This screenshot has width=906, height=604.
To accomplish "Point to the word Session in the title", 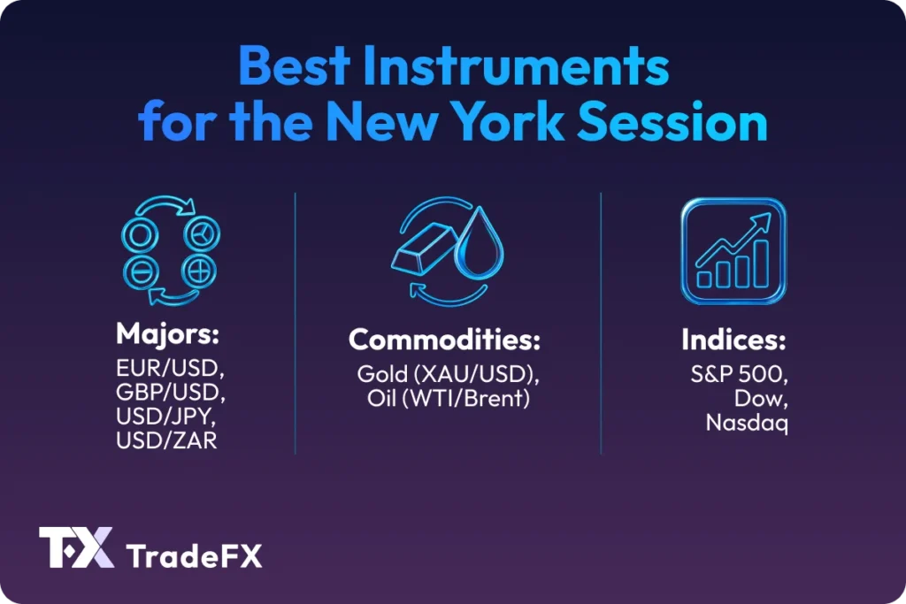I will [693, 122].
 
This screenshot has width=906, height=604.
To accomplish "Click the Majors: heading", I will [166, 335].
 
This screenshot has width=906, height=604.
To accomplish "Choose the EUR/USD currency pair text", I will [163, 368].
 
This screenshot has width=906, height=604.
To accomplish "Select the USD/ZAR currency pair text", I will [165, 440].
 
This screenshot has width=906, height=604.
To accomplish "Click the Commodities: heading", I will [444, 340].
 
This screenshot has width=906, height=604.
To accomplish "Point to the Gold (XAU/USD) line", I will [448, 374].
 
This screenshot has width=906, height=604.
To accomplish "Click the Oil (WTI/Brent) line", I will [448, 399].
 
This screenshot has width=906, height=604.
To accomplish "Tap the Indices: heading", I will [733, 340].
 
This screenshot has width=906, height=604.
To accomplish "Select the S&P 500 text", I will [733, 374].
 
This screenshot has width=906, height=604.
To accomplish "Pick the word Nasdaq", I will [747, 423].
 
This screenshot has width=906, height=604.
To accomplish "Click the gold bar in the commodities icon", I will [423, 256].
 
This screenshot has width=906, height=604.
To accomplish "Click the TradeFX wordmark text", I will [194, 556].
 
